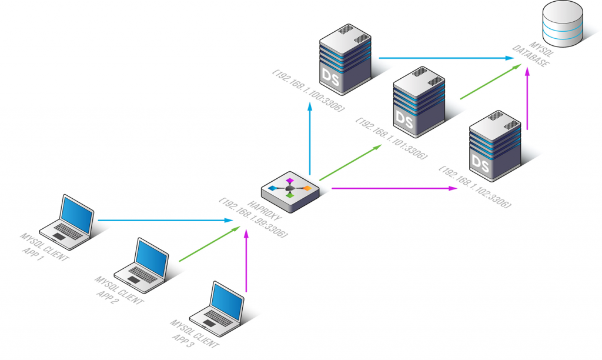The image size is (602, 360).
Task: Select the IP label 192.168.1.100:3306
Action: tap(309, 91)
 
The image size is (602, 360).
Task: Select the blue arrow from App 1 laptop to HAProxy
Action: tap(165, 221)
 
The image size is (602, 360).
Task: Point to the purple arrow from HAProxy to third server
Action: tap(394, 189)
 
